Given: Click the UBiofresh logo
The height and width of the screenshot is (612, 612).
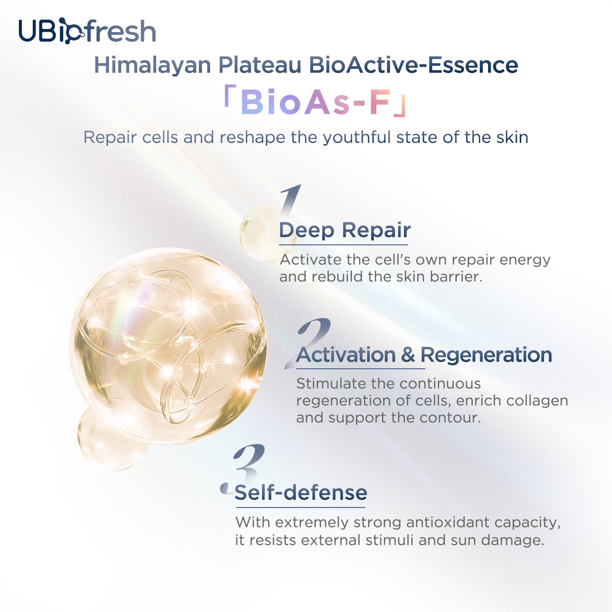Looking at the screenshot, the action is point(87,31).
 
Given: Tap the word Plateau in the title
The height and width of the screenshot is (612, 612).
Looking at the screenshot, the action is point(260,65).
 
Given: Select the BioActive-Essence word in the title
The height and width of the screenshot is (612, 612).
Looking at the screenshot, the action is point(414,65).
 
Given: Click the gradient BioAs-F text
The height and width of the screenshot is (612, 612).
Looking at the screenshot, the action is point(315,101).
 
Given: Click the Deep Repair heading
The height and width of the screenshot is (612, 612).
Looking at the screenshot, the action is point(345,230).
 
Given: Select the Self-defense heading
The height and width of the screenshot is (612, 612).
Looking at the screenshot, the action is point(301,493).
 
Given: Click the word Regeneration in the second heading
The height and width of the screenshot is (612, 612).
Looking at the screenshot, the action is point(486,355).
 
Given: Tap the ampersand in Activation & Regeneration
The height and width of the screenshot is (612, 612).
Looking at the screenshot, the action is point(408,354).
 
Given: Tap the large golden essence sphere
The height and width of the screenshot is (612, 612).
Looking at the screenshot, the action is point(168,345).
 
